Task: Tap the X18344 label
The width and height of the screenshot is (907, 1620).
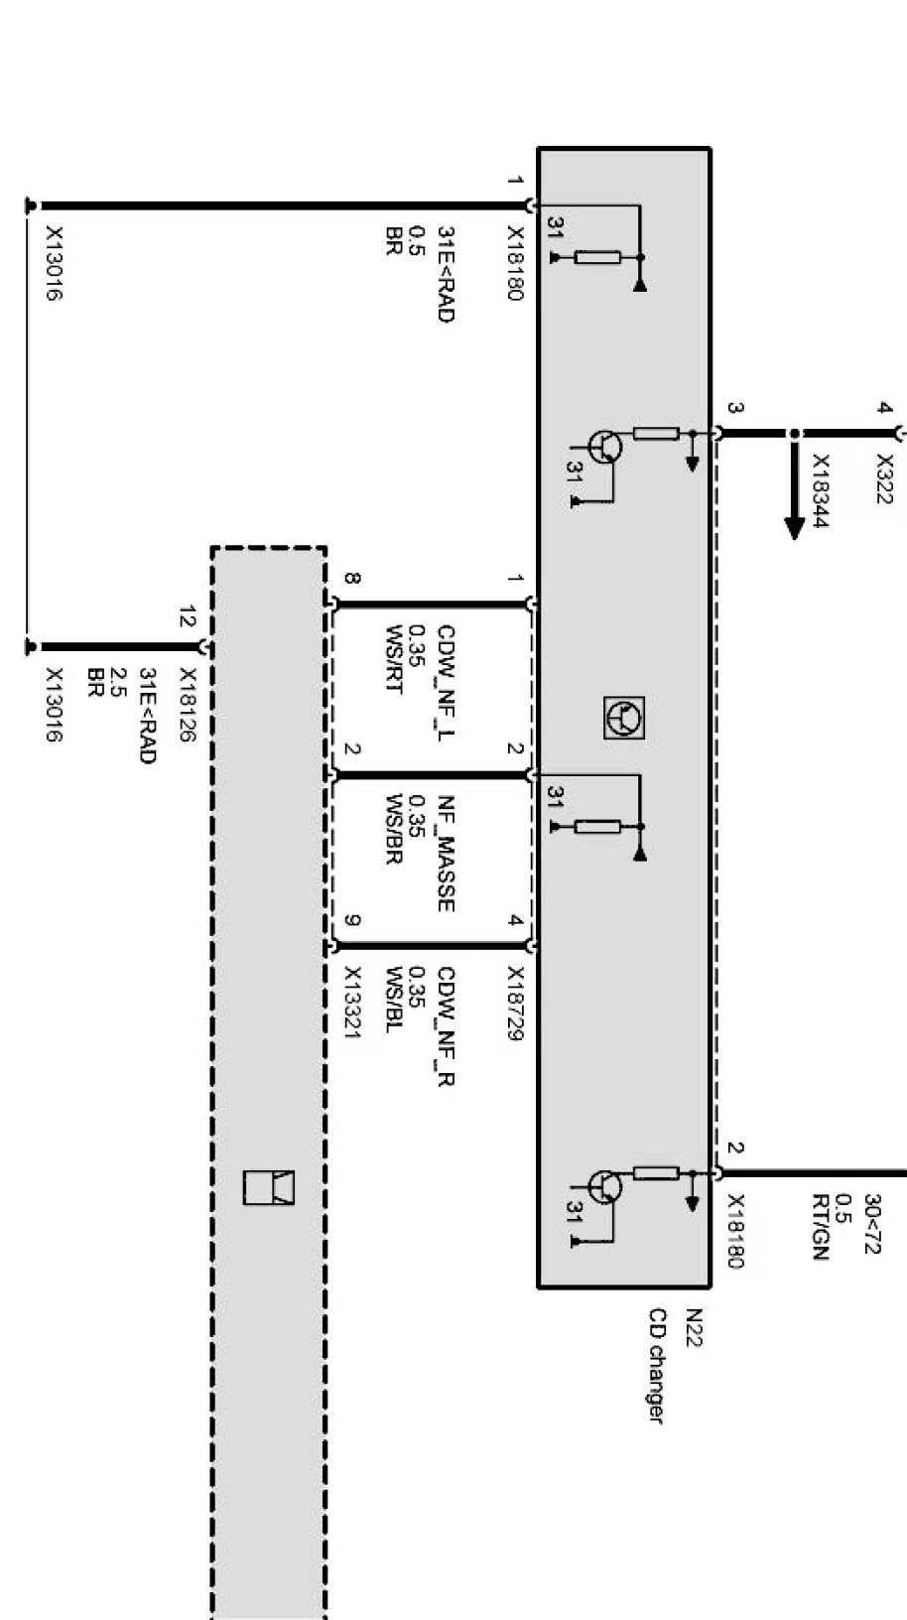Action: coord(821,491)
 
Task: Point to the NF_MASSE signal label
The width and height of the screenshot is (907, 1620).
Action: coord(446,854)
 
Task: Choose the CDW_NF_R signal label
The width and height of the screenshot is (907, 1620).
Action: coord(446,1026)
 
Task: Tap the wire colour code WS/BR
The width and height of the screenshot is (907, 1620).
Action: coord(394,829)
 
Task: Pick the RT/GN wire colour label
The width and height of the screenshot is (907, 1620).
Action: coord(819,1227)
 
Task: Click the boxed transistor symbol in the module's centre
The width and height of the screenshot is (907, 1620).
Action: coord(624,717)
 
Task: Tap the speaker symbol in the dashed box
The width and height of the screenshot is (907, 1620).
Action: coord(269,1187)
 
